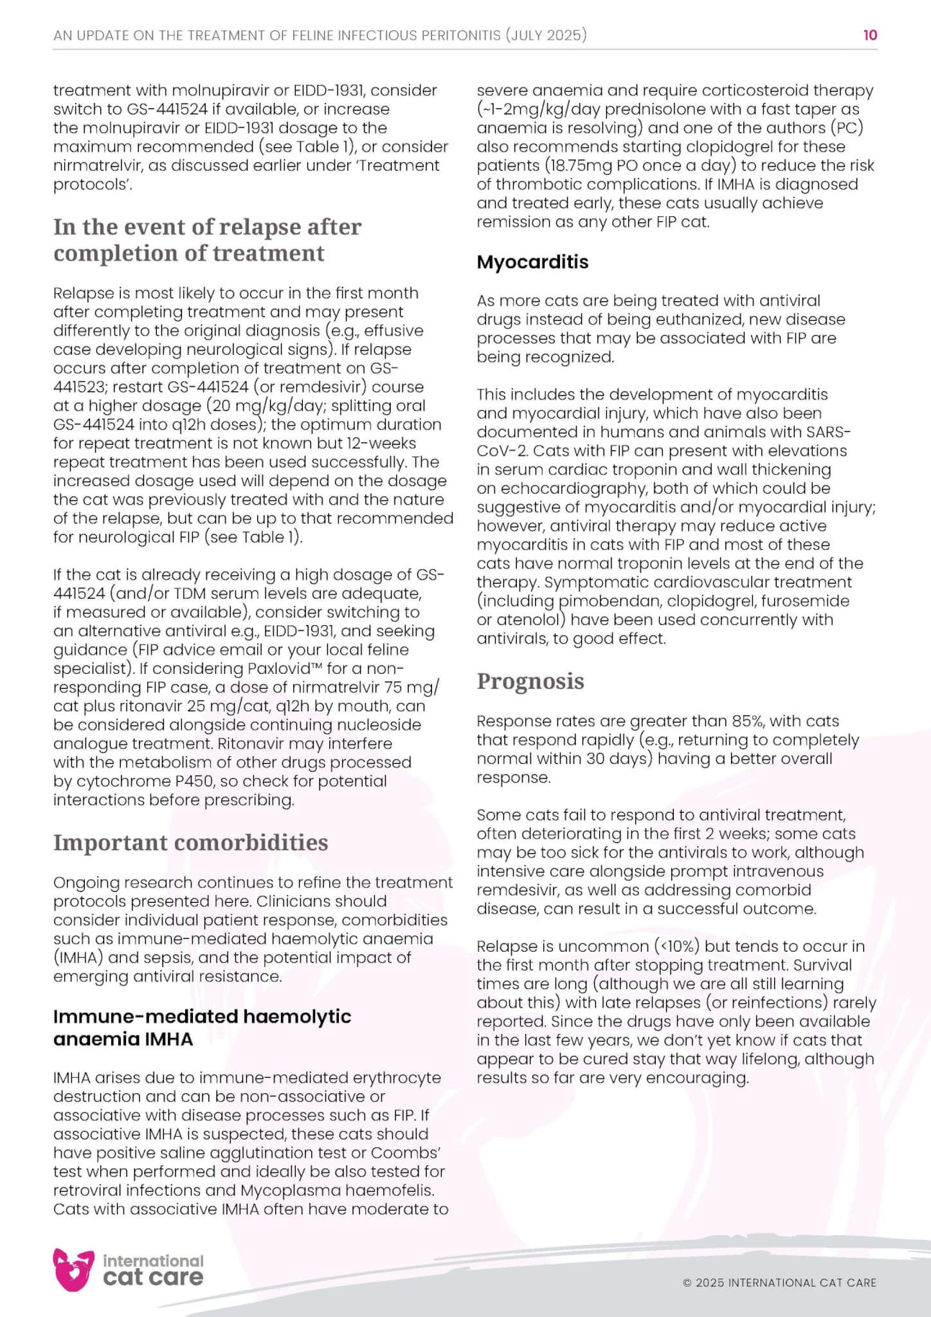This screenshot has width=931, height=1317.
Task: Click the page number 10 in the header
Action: pyautogui.click(x=870, y=35)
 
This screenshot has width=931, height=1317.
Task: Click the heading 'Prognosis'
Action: pyautogui.click(x=530, y=681)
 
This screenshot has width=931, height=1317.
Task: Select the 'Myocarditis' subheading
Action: pyautogui.click(x=532, y=262)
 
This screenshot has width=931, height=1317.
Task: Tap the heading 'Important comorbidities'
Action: pyautogui.click(x=190, y=842)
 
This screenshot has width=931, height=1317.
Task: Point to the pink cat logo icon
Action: pyautogui.click(x=73, y=1269)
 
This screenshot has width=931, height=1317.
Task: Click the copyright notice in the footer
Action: pyautogui.click(x=779, y=1283)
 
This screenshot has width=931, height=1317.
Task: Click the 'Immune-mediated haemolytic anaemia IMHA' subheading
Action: pyautogui.click(x=202, y=1028)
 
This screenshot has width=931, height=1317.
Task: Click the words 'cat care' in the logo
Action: pyautogui.click(x=153, y=1278)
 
